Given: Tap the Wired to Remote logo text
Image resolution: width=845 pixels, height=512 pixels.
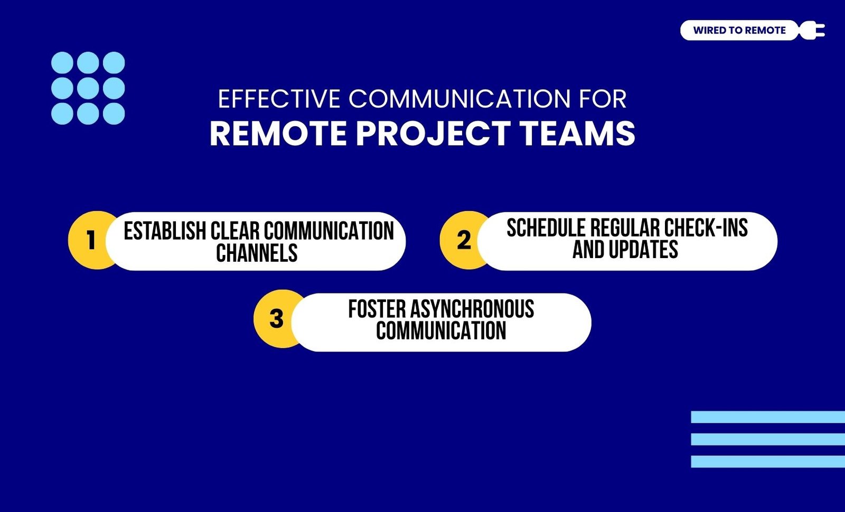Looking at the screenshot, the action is pos(739,30).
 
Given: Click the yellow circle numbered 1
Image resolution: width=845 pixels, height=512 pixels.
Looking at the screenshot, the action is pos(90,240).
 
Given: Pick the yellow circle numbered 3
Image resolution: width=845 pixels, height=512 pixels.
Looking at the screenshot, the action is pos(277,319).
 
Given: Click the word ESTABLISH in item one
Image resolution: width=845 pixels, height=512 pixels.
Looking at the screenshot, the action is pos(165,231).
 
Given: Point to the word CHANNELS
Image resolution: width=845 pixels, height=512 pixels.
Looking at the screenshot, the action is pos(257,253).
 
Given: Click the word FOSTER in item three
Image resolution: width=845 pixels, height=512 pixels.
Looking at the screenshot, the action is pos(377,309).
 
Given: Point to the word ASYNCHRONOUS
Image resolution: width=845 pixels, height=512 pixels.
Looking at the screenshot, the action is pos(472,309).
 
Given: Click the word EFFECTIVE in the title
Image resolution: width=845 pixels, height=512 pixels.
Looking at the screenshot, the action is pos(279,99).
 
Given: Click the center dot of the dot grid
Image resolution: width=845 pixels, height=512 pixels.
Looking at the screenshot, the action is pos(88,88).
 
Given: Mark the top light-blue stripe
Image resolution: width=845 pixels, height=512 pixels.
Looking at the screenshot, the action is pos(768,417).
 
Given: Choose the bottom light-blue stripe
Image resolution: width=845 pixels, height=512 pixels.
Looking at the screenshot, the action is pos(768,461).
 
